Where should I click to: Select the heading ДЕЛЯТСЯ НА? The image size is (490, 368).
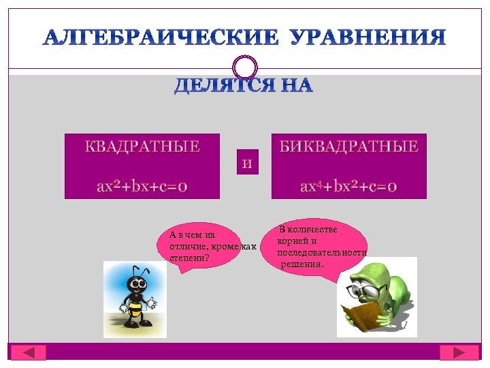244,87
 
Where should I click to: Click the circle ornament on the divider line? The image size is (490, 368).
245,67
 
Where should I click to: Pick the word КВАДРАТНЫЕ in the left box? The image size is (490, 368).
142,147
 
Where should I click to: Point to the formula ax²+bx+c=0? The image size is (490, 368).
142,186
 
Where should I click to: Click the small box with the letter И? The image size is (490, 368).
248,163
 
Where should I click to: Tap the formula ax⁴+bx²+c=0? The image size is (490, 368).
349,186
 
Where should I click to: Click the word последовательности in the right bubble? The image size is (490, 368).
322,252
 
